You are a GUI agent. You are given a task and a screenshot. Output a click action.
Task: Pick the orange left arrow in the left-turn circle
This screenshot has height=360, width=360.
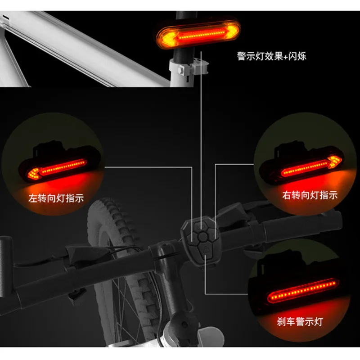pos(33,172)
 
